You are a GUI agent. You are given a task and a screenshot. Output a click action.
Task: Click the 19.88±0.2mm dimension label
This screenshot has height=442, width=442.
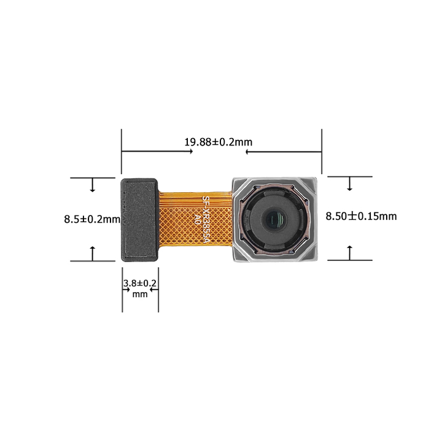(218, 142)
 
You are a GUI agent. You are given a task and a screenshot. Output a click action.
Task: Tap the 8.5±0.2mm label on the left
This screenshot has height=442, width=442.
(92, 219)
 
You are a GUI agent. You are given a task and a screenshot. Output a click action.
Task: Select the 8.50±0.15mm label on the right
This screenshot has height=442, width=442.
(361, 216)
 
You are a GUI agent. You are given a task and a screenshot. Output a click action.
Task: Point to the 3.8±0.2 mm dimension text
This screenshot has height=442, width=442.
(140, 288)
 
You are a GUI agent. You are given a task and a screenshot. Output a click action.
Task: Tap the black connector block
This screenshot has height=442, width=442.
(139, 220)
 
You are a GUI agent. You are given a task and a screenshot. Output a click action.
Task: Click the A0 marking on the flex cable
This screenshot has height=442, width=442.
(197, 219)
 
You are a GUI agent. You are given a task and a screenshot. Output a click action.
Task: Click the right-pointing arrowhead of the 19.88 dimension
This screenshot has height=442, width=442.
(191, 152)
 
